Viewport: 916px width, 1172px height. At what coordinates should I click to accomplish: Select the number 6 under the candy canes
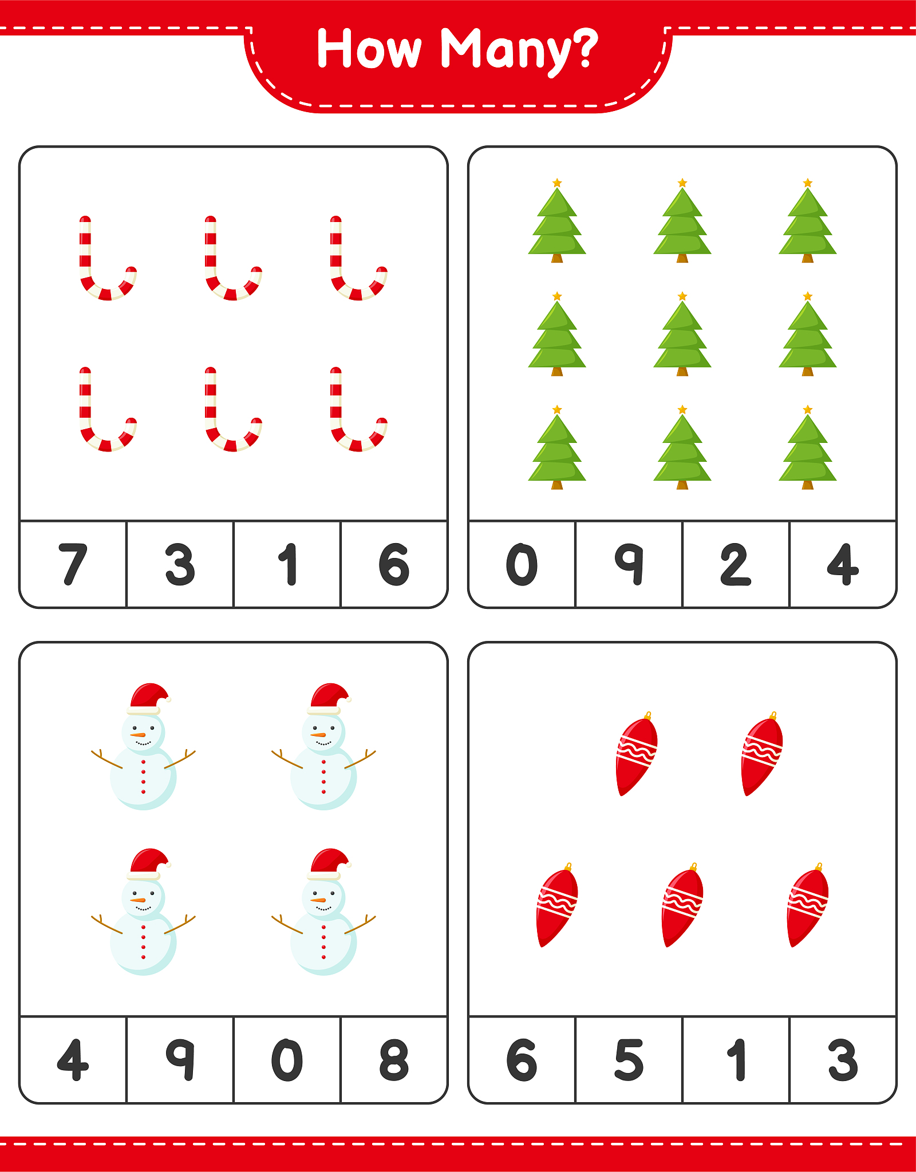394,564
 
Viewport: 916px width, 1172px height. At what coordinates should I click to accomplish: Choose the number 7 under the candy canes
73,564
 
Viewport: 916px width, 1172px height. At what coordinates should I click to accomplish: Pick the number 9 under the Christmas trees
629,564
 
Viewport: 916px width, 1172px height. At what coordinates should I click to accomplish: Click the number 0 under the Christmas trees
522,564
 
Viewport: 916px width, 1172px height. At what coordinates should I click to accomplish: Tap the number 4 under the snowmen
73,1060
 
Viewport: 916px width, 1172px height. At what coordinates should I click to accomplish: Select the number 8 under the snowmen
394,1060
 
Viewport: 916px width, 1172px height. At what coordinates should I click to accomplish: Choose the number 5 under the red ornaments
629,1060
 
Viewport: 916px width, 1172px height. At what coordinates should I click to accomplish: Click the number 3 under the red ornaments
843,1060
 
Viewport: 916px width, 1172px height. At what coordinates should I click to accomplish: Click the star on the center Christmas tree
682,296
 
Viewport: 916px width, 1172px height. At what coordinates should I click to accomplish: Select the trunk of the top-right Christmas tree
807,258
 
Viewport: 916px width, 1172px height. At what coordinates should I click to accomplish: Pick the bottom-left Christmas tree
556,448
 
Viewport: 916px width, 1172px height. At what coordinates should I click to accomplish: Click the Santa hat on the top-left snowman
149,699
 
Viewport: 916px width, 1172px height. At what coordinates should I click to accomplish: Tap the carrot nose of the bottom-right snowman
318,900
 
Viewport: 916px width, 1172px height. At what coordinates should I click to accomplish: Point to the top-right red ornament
761,754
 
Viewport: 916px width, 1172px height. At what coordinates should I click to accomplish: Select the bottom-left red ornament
556,905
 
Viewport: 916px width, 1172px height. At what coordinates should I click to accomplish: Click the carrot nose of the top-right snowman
318,735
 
